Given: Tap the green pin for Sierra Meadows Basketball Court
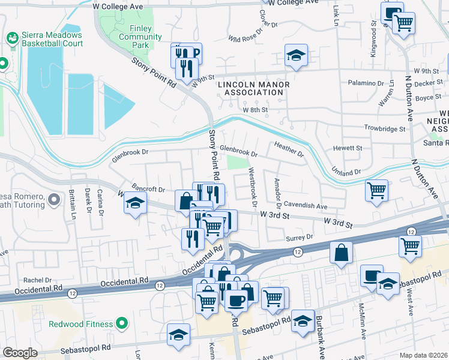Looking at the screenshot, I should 11,37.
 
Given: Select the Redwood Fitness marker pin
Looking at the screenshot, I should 122,324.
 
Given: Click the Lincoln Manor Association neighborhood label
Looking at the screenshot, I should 253,88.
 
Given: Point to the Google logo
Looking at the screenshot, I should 20,353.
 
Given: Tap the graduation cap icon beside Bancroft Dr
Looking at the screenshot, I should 136,203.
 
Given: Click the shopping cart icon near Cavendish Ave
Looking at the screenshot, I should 376,190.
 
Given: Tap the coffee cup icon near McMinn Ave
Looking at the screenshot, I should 372,275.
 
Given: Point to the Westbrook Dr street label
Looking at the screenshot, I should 253,188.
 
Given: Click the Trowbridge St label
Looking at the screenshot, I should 385,128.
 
